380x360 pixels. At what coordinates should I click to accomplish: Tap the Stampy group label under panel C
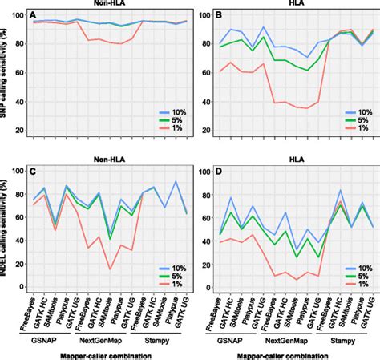(165, 340)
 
